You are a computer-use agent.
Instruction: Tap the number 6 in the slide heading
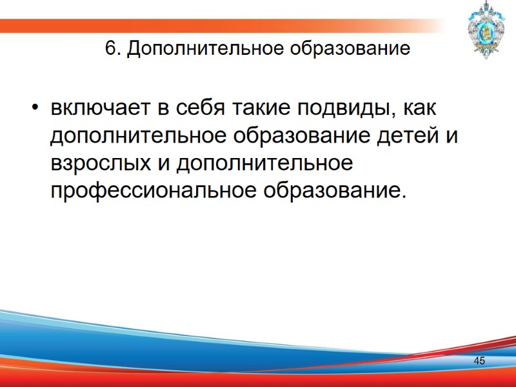click(110, 50)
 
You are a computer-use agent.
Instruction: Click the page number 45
click(479, 361)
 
